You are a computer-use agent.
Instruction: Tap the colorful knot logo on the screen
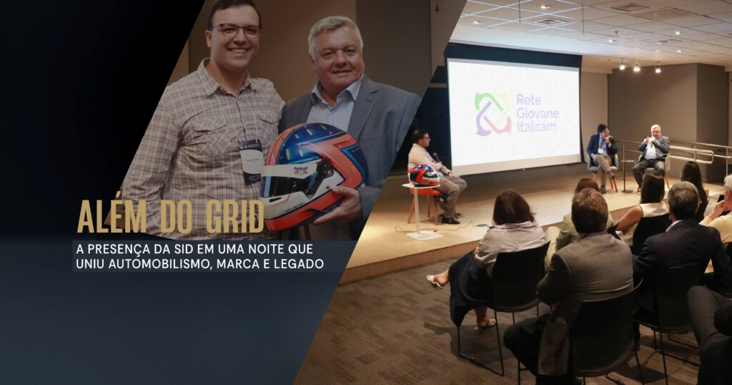tap(493, 114)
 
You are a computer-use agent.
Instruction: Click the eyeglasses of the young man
tap(236, 31)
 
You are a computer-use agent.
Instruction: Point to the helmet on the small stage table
tap(423, 175)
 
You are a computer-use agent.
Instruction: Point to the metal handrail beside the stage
tap(691, 152)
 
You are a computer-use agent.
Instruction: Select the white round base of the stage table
tap(424, 235)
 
